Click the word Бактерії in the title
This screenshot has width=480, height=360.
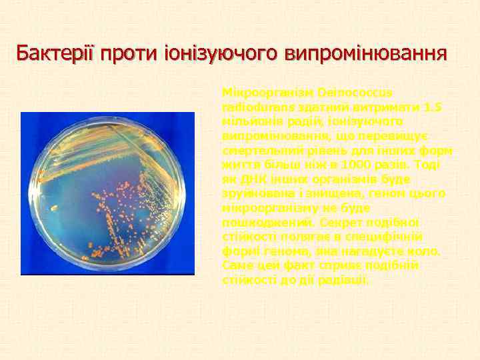tap(55, 53)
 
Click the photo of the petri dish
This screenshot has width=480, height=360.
tap(108, 193)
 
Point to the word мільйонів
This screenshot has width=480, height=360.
tap(250, 121)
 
